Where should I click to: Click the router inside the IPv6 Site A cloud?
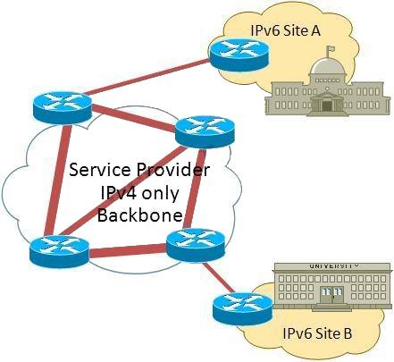click(239, 55)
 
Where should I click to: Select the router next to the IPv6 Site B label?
click(243, 309)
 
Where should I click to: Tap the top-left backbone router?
click(63, 107)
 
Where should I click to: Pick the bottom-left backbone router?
click(60, 251)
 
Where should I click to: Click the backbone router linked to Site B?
click(196, 245)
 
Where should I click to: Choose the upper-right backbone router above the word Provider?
click(205, 132)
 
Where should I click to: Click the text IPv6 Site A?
click(285, 30)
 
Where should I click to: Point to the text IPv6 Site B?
click(317, 333)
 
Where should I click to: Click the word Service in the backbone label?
click(100, 170)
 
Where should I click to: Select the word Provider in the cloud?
click(173, 170)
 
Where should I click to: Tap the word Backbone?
click(139, 215)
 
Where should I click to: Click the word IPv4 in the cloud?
click(119, 193)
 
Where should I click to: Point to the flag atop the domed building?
click(330, 49)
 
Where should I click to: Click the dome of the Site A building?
click(327, 66)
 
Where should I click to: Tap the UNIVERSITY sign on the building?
click(333, 266)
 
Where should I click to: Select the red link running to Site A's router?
click(146, 77)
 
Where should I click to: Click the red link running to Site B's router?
click(218, 277)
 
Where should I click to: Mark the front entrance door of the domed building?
click(327, 105)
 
